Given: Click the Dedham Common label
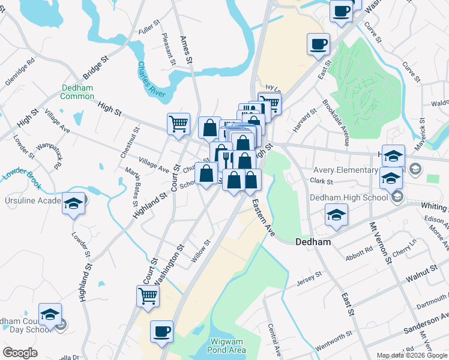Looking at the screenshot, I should (x=77, y=92).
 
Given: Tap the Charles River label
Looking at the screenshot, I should (x=151, y=79).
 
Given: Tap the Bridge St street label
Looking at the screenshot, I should (x=95, y=68).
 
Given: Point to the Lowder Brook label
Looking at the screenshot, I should (x=20, y=174).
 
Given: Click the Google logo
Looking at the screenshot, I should (x=20, y=352).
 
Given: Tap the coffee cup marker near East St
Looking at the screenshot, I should (x=318, y=44).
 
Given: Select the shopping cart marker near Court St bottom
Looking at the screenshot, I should (x=148, y=296).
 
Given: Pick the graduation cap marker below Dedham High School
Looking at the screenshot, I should (x=336, y=214).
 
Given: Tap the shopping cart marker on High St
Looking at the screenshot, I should (x=178, y=124).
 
